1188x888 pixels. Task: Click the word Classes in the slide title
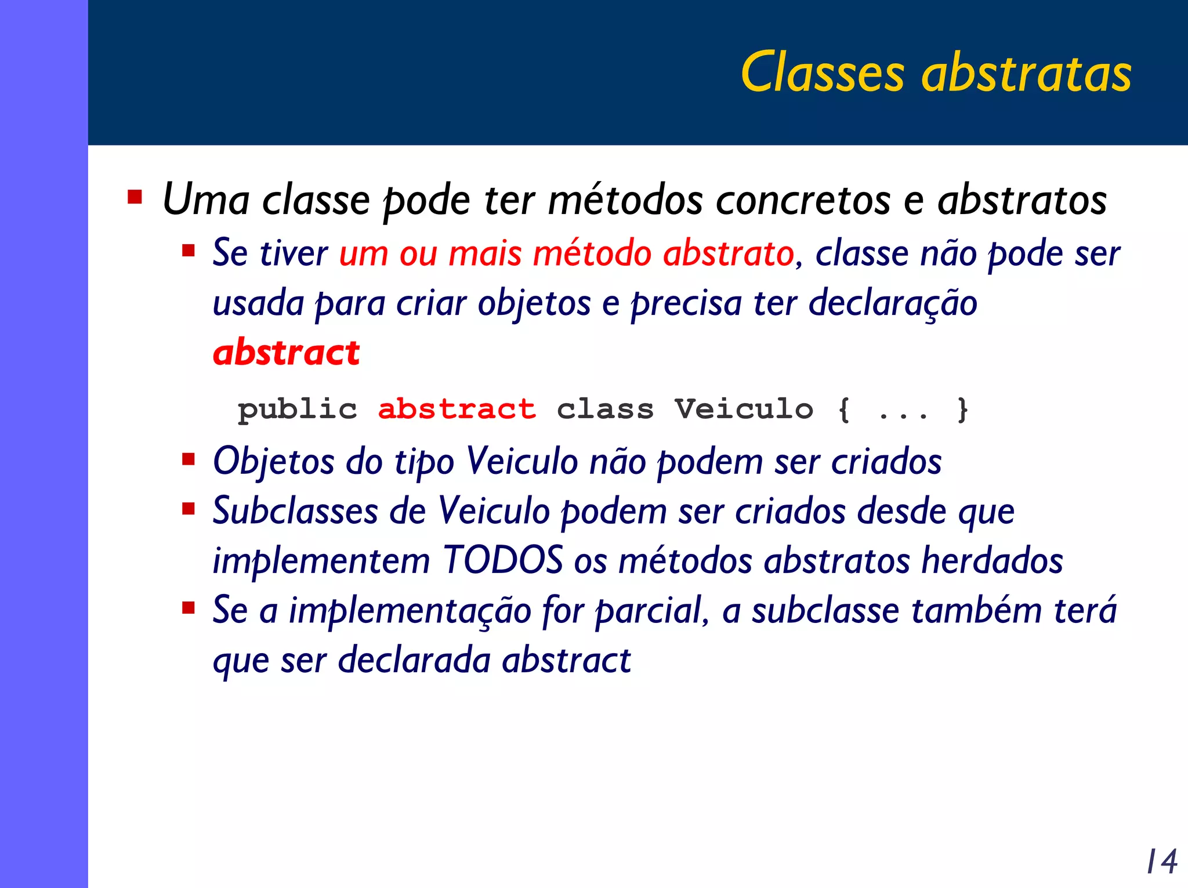click(x=822, y=73)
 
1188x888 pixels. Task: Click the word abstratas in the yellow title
click(x=1026, y=73)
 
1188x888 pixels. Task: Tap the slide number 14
click(x=1161, y=861)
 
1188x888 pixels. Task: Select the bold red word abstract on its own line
click(x=286, y=353)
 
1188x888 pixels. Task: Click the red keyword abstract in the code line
click(x=457, y=409)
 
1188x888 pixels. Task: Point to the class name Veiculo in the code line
click(x=744, y=409)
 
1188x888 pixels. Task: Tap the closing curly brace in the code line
click(x=962, y=409)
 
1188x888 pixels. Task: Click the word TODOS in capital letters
click(x=502, y=561)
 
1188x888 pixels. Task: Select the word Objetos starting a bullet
click(x=273, y=463)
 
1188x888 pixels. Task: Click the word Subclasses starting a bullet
click(x=295, y=512)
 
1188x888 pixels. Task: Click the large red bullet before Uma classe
click(x=135, y=197)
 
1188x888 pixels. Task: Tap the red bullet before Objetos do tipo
click(x=188, y=459)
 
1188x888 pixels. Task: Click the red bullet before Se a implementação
click(x=188, y=608)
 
